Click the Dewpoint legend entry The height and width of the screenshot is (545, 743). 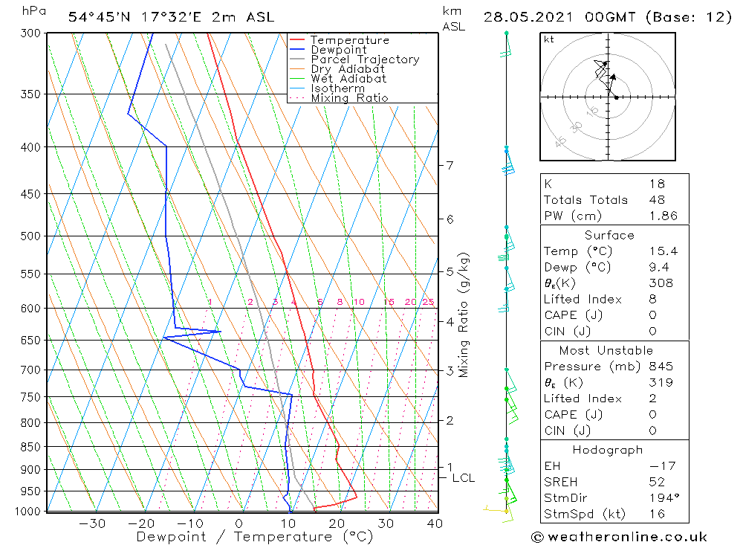338,50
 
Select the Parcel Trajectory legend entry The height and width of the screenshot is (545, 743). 365,59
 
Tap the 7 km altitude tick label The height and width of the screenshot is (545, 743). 450,165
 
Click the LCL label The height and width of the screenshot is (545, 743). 463,478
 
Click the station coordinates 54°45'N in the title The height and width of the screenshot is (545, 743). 97,17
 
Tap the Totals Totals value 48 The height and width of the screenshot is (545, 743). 656,200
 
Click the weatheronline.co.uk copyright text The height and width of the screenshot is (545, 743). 620,536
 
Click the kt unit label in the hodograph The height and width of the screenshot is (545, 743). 549,39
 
